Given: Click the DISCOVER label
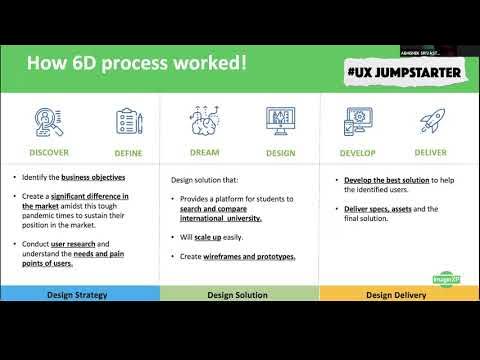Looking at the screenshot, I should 49,153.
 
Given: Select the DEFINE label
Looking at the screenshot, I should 129,153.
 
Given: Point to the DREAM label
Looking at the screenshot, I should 204,153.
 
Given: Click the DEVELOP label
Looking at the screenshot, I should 355,153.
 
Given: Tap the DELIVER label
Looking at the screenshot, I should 430,153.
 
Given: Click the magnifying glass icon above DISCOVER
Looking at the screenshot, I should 49,123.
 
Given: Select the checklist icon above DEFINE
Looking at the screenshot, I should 129,123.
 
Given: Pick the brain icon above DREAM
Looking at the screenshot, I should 204,121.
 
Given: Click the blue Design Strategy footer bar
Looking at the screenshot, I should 80,294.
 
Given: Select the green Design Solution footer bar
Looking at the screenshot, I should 239,294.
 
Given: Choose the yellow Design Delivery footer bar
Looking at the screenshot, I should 399,294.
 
